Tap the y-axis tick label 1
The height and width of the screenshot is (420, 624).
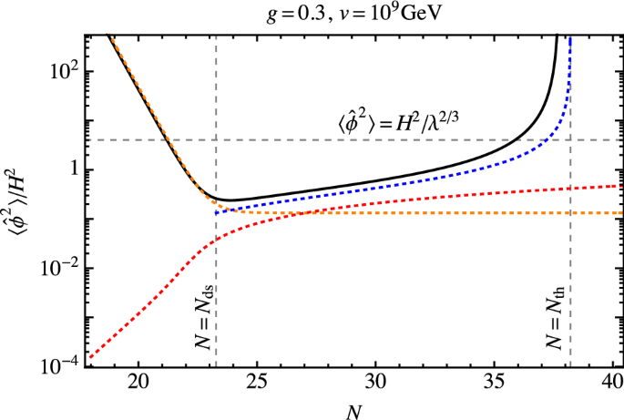[x=72, y=170]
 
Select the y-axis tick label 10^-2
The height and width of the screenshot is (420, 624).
[x=62, y=268]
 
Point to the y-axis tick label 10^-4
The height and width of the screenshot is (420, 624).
[x=62, y=366]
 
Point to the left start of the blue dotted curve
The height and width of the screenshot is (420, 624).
[x=215, y=212]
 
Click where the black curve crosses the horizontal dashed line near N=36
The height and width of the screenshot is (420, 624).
[x=517, y=139]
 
